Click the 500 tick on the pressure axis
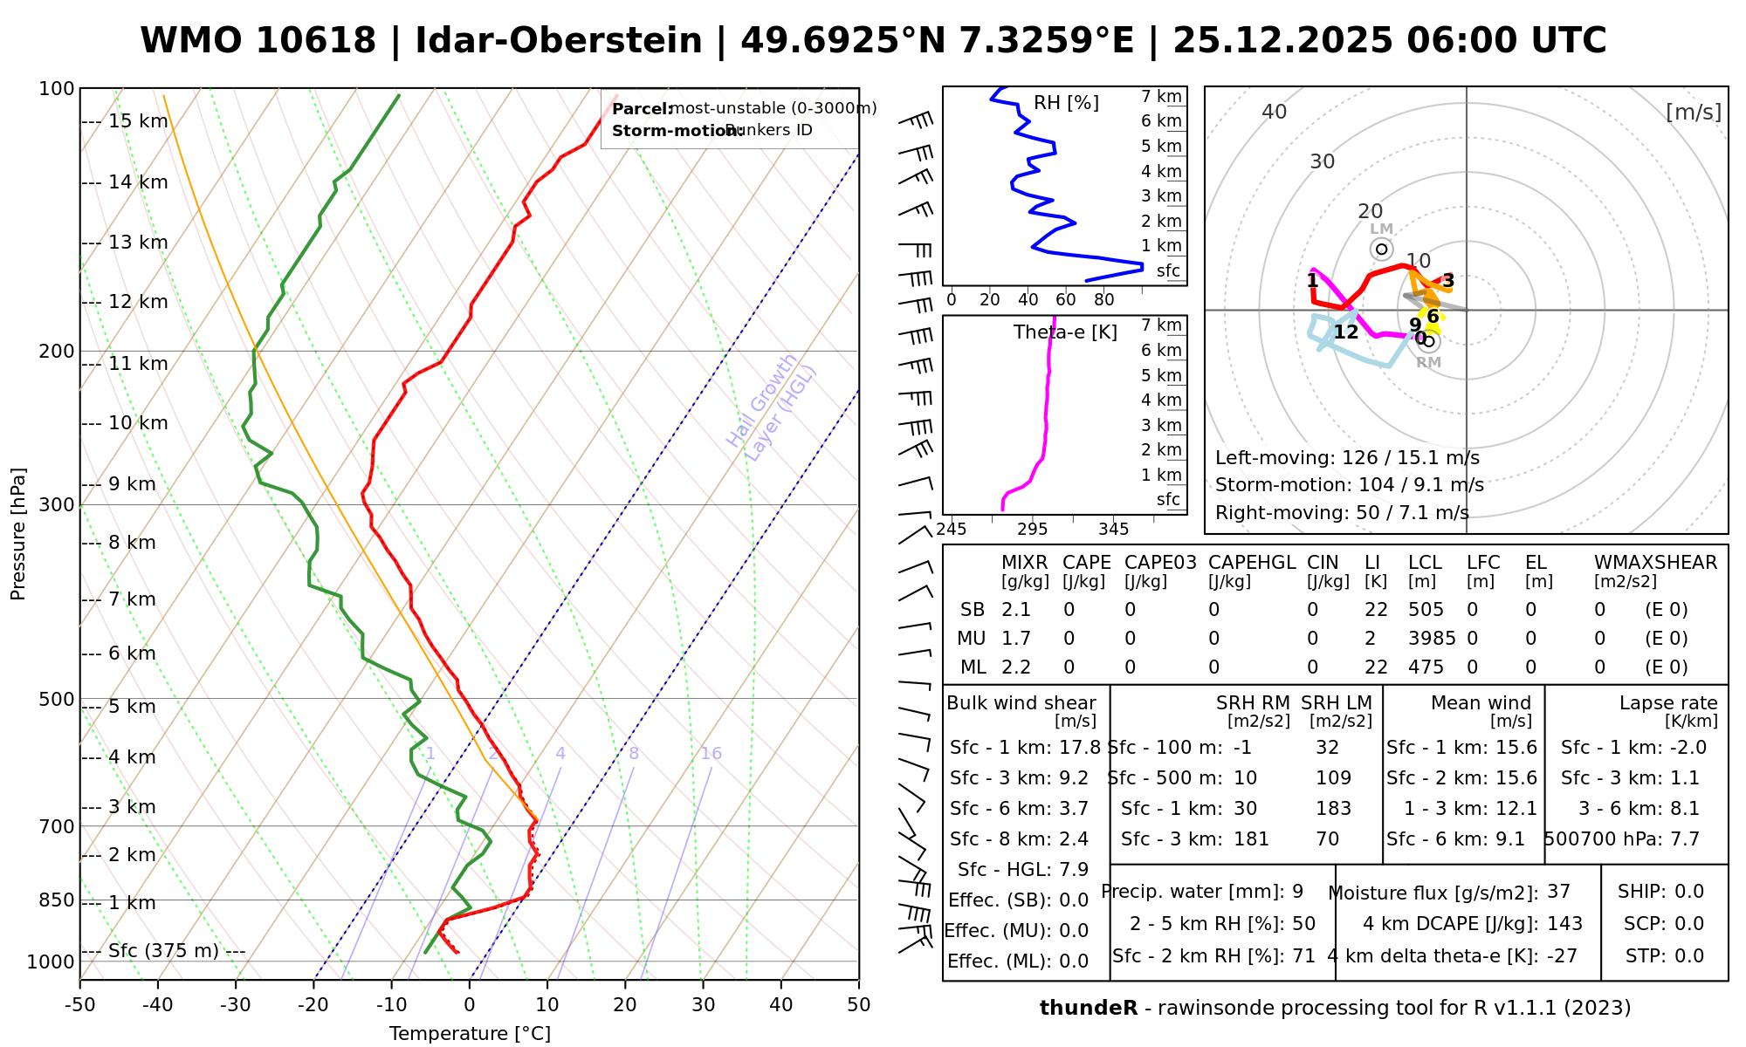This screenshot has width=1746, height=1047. [x=57, y=700]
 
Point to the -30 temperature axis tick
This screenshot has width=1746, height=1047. [x=236, y=1005]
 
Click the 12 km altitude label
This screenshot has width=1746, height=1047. [x=138, y=303]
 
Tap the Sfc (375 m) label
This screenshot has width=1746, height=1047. [x=163, y=951]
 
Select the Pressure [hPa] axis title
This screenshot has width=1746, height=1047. [x=18, y=534]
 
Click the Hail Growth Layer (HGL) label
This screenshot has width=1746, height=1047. [x=772, y=407]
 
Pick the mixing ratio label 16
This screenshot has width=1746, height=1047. [x=711, y=754]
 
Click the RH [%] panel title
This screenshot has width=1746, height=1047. [x=1066, y=103]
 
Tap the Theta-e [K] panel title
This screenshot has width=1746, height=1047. [x=1065, y=332]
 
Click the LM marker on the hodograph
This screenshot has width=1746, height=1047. [x=1381, y=249]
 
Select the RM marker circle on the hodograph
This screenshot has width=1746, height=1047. [x=1428, y=341]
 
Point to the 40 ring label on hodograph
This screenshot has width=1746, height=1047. [x=1275, y=112]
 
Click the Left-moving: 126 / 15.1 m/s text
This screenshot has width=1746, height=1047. [x=1347, y=458]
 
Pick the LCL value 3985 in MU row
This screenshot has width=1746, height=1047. [x=1432, y=639]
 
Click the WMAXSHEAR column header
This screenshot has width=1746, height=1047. [x=1655, y=563]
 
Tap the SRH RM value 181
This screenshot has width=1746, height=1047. [x=1251, y=839]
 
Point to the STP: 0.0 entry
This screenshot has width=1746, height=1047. [x=1664, y=956]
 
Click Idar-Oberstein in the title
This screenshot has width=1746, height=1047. [x=559, y=41]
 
